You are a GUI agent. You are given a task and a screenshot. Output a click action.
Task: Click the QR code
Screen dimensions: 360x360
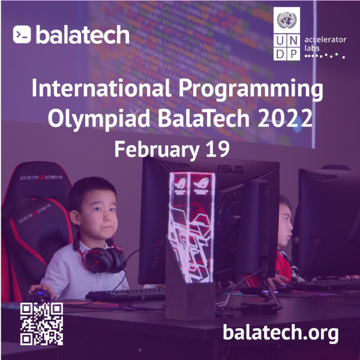coord(41,325)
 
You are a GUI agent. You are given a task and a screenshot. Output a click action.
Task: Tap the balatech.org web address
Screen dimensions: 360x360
coord(281,332)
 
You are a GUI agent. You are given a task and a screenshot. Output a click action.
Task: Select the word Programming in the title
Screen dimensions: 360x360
coord(252,91)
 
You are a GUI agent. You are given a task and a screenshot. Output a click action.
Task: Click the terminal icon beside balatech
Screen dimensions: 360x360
coord(22,34)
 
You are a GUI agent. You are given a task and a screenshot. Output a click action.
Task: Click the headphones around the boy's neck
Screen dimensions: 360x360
coord(106,258)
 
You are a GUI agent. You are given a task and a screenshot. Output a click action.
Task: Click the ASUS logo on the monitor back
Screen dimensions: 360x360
coord(226,168)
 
